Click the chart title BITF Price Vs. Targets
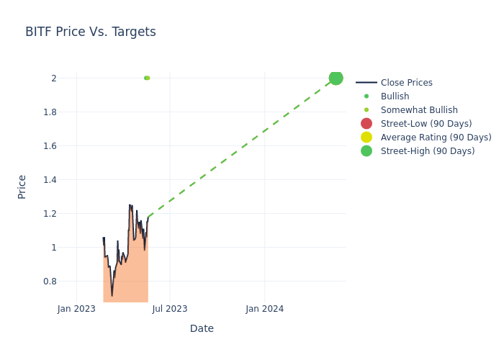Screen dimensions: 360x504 click(91, 32)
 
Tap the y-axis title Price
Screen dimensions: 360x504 click(22, 186)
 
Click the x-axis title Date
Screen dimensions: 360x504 click(202, 328)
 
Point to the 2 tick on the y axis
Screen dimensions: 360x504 click(53, 78)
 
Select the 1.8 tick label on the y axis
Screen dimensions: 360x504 click(50, 112)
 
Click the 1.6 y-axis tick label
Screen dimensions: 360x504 click(50, 145)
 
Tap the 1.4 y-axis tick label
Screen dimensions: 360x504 click(50, 179)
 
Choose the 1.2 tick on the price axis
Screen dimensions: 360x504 click(50, 213)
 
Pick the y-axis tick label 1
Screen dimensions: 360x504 click(53, 247)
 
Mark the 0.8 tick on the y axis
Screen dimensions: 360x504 click(50, 281)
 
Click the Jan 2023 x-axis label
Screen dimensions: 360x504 click(76, 309)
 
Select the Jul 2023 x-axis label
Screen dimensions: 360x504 click(170, 309)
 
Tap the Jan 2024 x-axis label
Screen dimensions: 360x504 click(264, 309)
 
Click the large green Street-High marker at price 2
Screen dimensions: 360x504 click(336, 78)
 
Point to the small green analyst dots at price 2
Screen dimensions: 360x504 click(147, 78)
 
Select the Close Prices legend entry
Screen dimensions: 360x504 click(406, 83)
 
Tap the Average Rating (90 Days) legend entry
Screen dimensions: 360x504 click(436, 138)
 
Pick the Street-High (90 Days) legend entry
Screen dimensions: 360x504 click(428, 151)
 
